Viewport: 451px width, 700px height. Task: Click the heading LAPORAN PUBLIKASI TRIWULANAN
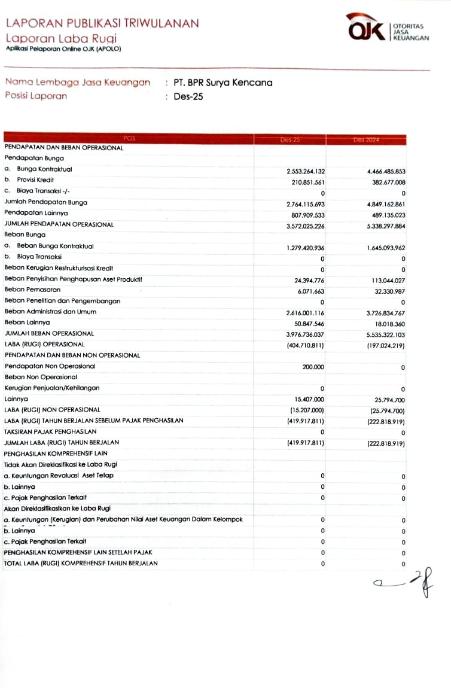[x=102, y=23]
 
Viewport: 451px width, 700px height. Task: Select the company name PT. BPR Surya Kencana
[x=223, y=83]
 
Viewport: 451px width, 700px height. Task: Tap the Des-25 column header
[x=290, y=139]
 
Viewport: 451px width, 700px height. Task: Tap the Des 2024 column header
[x=366, y=139]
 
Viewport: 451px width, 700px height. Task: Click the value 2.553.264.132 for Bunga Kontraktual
[x=306, y=171]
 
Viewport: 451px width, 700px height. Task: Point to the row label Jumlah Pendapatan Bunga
[x=45, y=202]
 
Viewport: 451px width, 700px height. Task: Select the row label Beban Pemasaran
[x=32, y=290]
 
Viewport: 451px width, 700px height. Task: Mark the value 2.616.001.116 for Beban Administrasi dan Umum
[x=306, y=312]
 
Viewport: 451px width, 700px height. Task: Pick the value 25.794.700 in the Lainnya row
[x=385, y=399]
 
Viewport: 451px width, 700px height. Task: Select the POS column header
[x=129, y=139]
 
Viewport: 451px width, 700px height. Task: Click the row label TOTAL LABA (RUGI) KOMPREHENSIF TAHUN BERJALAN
[x=81, y=563]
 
